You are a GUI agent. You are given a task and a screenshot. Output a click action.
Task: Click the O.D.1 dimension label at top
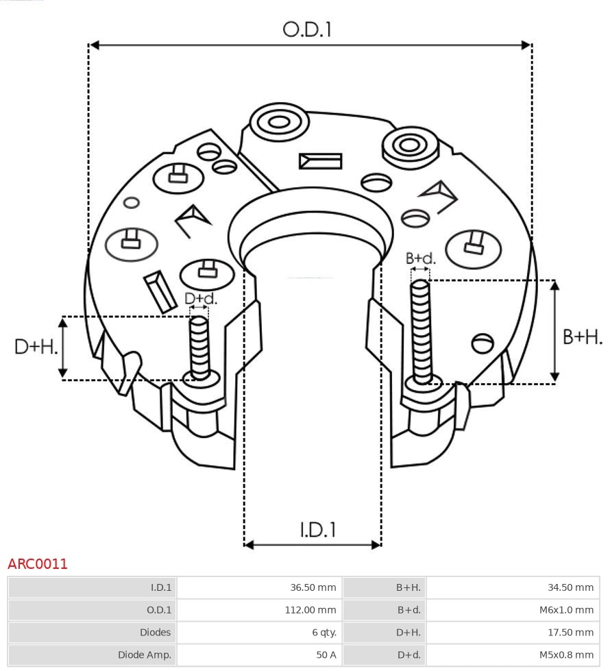click(307, 29)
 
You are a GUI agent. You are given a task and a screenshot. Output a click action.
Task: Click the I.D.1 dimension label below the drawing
click(317, 529)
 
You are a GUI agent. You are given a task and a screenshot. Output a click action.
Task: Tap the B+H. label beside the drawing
click(582, 337)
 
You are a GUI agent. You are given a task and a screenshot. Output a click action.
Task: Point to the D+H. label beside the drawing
click(36, 347)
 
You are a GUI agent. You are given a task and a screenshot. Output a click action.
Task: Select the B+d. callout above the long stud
click(420, 258)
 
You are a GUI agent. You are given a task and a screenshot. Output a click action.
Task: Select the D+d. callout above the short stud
click(201, 299)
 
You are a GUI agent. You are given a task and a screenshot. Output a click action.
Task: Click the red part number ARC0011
click(38, 564)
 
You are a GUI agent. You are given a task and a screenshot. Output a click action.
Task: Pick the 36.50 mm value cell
click(258, 587)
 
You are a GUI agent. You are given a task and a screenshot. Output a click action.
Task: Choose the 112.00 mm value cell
click(258, 610)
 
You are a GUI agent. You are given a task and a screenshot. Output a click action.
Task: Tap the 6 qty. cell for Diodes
click(258, 632)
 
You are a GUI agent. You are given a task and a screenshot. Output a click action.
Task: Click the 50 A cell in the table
click(258, 655)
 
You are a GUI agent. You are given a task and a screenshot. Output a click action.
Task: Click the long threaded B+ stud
click(421, 329)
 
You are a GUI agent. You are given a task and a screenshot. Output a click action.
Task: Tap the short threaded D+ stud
click(199, 347)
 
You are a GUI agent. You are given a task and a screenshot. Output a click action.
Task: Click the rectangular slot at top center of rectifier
click(320, 161)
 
